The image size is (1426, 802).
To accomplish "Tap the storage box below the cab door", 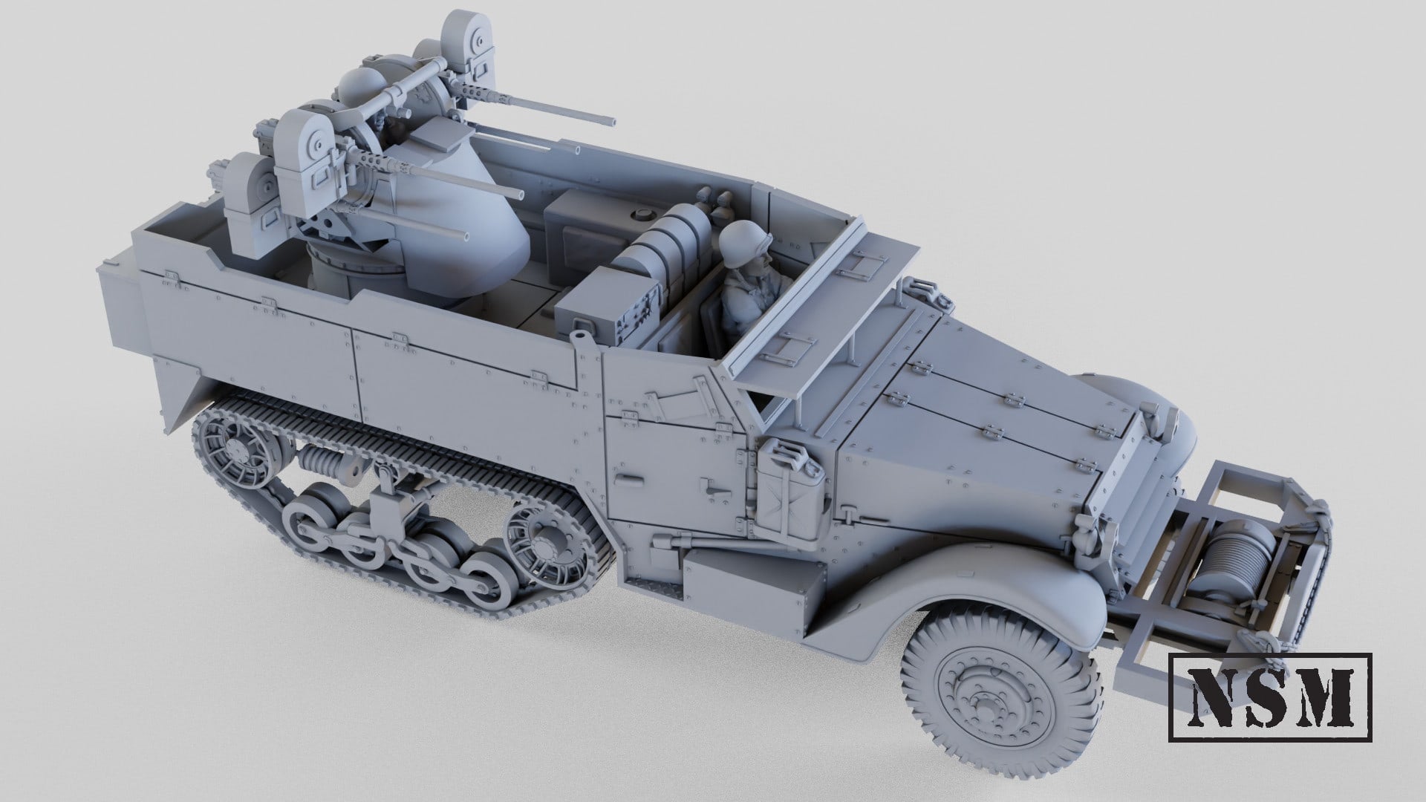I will point(750,587).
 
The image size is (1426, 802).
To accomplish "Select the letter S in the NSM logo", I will point(1269,693).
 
